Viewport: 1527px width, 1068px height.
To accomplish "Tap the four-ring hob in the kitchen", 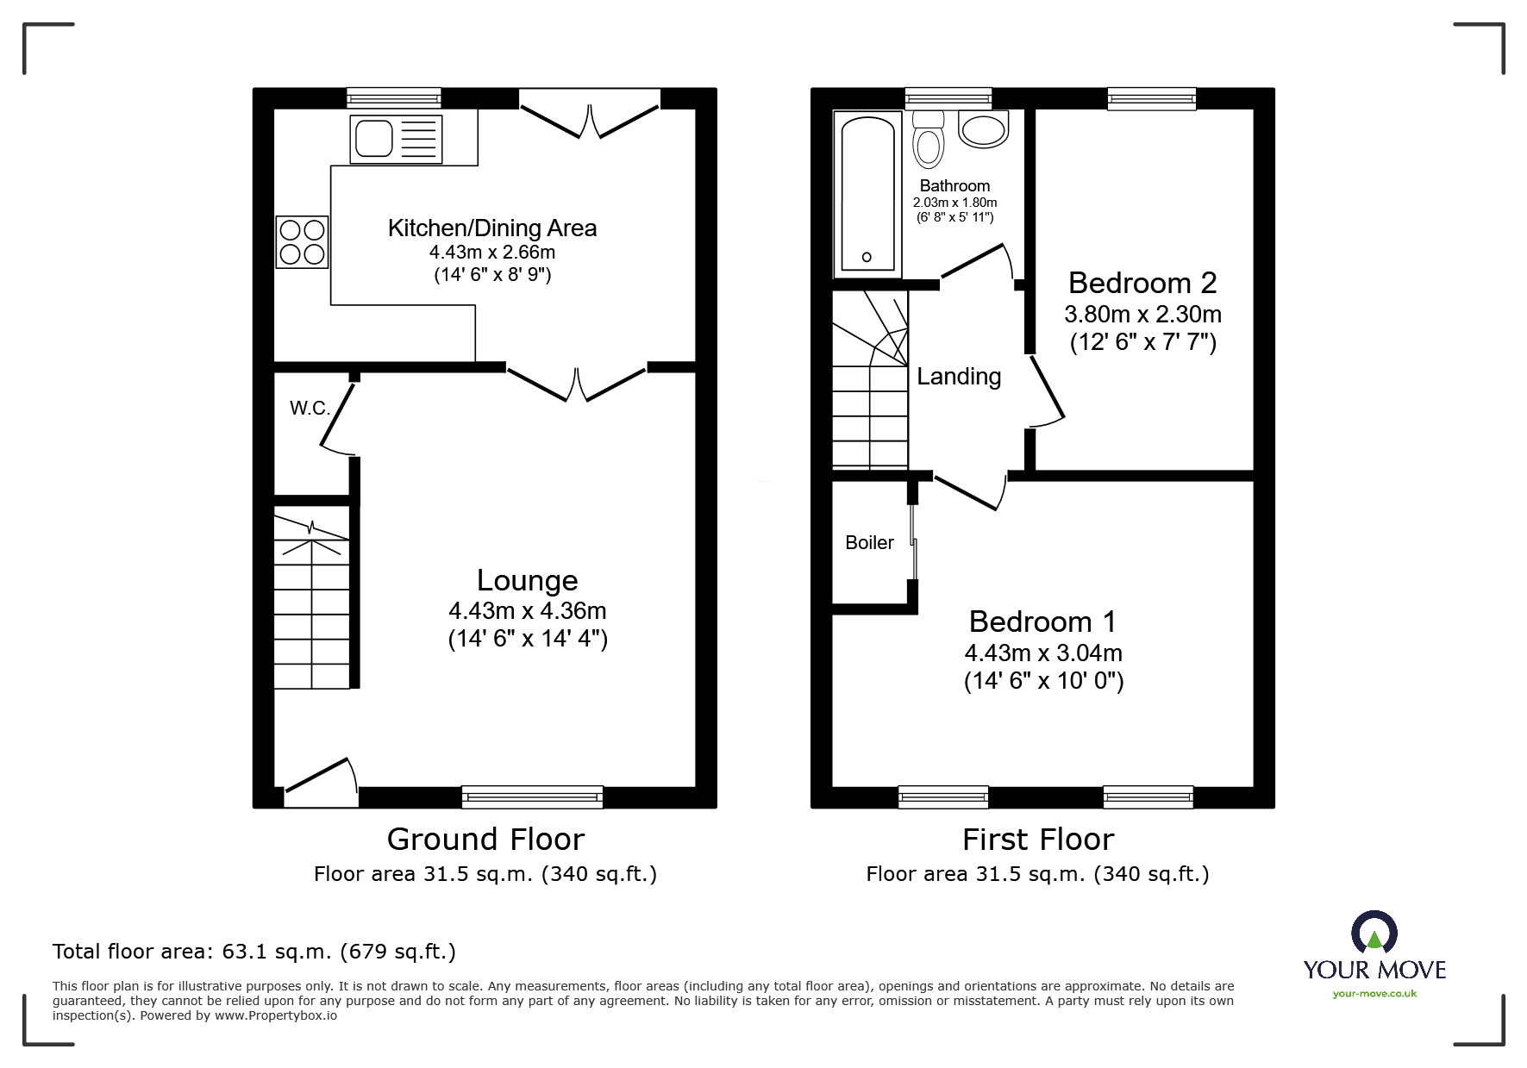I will (302, 241).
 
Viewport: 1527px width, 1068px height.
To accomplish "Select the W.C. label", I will (310, 408).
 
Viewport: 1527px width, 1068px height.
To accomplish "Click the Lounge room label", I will (527, 580).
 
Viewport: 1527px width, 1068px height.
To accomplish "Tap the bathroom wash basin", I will (983, 129).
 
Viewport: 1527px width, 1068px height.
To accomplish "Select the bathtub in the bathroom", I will (867, 194).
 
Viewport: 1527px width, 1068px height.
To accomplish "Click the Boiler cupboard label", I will (869, 542).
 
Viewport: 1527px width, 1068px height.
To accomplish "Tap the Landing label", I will (959, 376).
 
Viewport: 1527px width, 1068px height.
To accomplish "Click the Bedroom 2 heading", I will (1142, 282).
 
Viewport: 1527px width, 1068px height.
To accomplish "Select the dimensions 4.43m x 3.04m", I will (1043, 653).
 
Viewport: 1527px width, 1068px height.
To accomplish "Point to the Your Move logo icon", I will (1374, 932).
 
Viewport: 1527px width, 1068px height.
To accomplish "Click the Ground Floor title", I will (485, 839).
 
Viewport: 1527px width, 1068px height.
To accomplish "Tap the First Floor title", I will (1038, 839).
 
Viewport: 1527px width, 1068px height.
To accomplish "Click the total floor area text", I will (254, 952).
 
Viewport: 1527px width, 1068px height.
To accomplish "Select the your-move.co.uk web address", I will (1374, 994).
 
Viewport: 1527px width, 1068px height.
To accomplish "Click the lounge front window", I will (532, 796).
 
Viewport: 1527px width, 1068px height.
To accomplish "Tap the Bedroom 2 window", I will (1152, 98).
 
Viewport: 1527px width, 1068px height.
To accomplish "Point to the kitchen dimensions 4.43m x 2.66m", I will (492, 253).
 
